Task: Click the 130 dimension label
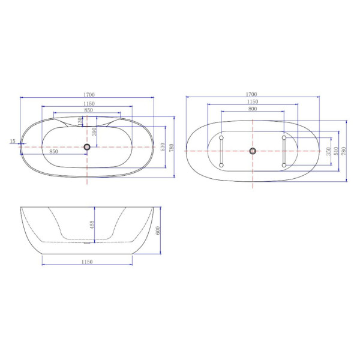(80, 121)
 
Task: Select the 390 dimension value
(94, 132)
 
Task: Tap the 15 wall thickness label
(13, 141)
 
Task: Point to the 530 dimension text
(163, 147)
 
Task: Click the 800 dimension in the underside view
(253, 109)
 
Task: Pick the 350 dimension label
(329, 151)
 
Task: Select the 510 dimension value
(336, 151)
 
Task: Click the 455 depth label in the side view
(92, 224)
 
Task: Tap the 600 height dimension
(158, 230)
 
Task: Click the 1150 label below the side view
(87, 262)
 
